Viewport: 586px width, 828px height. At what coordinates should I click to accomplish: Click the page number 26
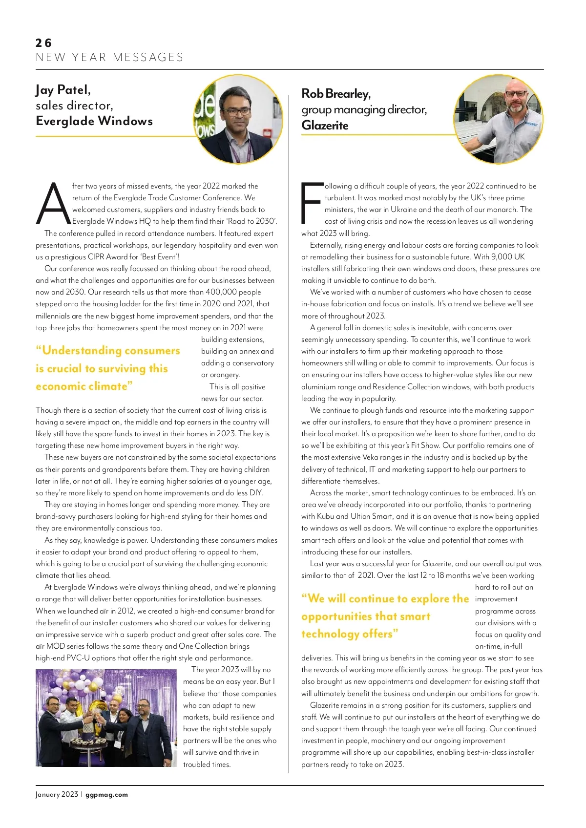(43, 43)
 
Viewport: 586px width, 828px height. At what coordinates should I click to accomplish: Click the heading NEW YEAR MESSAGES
(109, 58)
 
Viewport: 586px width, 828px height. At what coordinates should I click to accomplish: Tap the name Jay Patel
(63, 90)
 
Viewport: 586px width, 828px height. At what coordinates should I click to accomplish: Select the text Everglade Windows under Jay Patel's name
(94, 121)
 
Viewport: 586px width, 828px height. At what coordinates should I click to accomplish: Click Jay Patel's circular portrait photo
(238, 119)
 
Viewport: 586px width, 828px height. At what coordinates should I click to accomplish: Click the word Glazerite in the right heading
(325, 126)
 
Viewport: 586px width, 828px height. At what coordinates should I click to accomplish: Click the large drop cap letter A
(53, 204)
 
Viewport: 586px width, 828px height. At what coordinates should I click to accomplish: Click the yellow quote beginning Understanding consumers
(107, 368)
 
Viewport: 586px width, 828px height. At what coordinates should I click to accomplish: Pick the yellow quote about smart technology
(385, 616)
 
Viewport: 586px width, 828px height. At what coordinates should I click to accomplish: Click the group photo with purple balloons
(106, 718)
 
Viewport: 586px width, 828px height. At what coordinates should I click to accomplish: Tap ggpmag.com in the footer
(106, 795)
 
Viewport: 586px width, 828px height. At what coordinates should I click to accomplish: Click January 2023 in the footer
(57, 795)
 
